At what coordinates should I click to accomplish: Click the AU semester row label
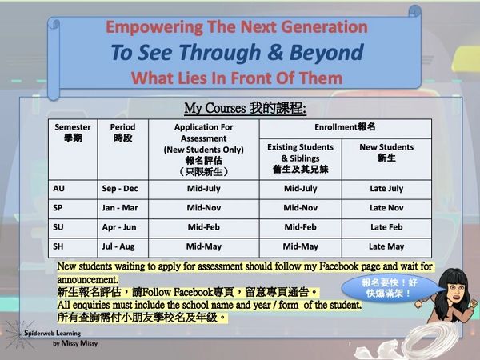coord(58,188)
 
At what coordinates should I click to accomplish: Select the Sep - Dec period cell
coord(120,189)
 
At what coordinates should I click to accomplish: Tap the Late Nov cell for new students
coord(386,208)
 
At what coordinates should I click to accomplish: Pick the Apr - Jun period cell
coord(119,227)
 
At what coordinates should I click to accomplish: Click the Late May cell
coord(386,246)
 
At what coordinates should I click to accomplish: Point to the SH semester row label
coord(58,246)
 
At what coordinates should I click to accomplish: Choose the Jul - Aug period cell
coord(118,246)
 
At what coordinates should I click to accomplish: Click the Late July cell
coord(386,189)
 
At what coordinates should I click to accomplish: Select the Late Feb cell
coord(386,227)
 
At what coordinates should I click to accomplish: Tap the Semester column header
coord(73,132)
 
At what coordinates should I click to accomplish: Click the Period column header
coord(122,132)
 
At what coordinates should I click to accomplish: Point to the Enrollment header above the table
coord(345,127)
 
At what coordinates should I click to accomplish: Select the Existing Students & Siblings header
coord(300,158)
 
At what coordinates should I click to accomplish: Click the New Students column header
coord(386,153)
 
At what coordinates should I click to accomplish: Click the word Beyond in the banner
coord(326,52)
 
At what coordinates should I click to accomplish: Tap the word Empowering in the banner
coord(154,27)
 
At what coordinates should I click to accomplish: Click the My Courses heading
coord(246,108)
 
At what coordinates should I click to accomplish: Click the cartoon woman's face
coord(455,291)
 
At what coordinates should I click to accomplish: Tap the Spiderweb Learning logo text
coord(52,333)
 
